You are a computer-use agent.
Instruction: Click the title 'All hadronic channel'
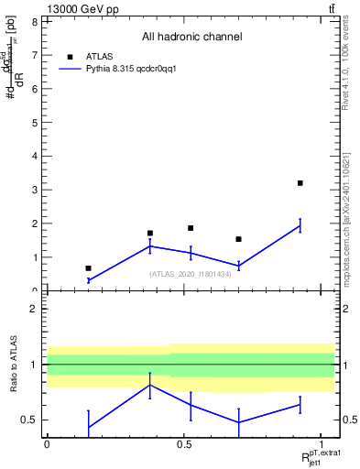191,37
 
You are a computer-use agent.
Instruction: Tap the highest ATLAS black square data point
300,183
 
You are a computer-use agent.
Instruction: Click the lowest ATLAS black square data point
88,268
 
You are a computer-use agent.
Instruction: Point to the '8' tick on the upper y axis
34,21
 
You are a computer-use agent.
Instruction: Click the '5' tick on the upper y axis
34,122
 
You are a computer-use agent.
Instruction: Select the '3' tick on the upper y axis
34,190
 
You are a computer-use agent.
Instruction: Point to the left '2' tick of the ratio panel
34,309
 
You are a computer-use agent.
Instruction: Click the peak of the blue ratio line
149,385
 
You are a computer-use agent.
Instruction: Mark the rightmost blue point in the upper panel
300,226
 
